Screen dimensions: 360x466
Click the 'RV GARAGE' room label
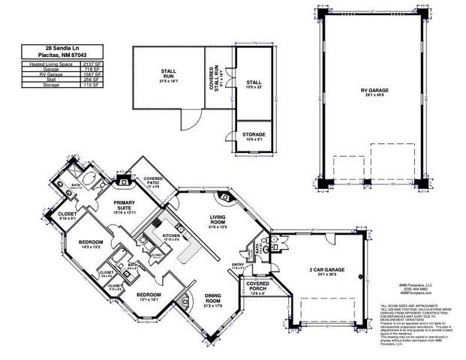pyautogui.click(x=368, y=91)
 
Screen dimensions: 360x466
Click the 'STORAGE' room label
pyautogui.click(x=253, y=134)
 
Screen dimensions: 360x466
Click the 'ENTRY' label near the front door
pyautogui.click(x=238, y=264)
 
